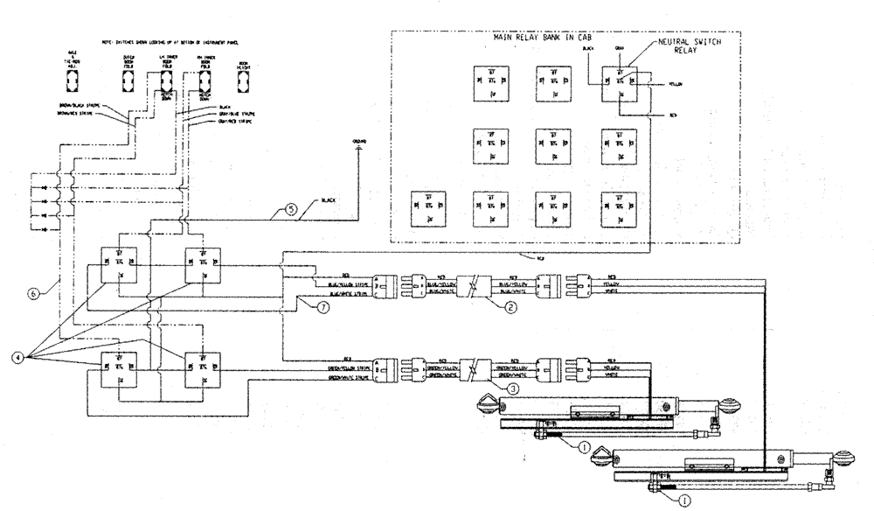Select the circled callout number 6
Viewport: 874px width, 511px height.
pos(34,295)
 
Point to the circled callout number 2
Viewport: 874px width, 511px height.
pos(510,308)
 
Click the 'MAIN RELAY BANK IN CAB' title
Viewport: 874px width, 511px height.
pos(565,38)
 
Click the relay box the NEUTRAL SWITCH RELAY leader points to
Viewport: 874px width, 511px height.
pos(620,84)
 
